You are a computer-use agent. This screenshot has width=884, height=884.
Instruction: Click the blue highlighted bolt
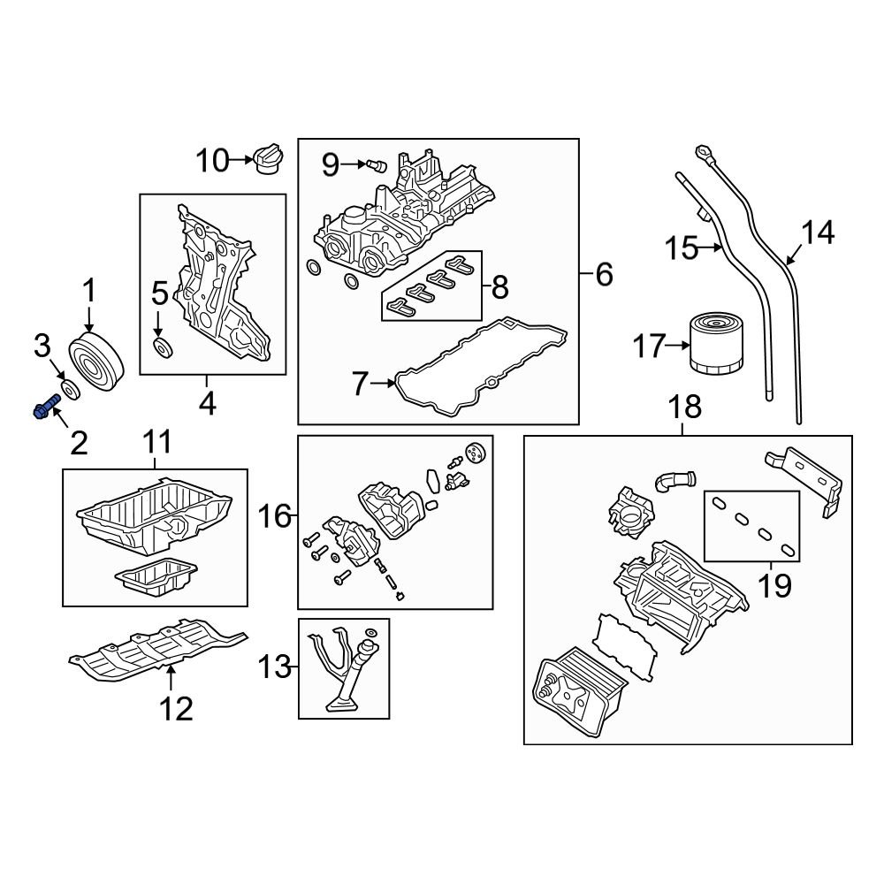(46, 408)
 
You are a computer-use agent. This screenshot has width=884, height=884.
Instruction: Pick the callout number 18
(685, 407)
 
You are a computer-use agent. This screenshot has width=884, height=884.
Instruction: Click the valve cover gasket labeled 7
(482, 367)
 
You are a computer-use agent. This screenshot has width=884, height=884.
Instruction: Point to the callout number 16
(275, 515)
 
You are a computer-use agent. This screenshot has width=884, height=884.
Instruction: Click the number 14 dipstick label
(818, 232)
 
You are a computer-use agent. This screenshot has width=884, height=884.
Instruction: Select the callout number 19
(774, 584)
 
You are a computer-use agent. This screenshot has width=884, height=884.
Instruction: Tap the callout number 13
(275, 667)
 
